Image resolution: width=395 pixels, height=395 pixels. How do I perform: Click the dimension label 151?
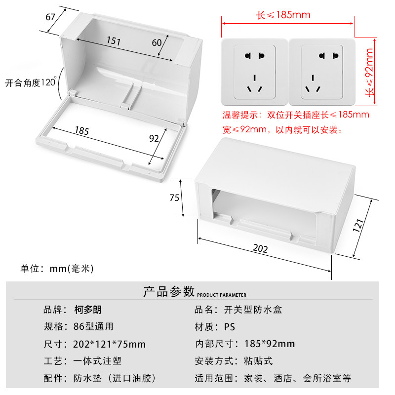point(113,42)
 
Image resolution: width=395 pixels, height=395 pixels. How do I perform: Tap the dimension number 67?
point(50,17)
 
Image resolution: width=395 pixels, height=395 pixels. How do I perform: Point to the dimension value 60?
point(157,42)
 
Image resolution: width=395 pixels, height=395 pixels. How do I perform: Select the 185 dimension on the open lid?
point(82,131)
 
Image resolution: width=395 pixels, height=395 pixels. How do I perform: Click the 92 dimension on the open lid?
point(154,138)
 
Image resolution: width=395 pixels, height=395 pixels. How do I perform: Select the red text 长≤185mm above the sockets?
point(283,15)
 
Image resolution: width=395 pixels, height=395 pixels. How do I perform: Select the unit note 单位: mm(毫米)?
point(57,269)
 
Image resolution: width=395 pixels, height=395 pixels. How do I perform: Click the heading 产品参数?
point(169,291)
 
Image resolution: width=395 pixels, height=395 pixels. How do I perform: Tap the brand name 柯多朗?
point(87,310)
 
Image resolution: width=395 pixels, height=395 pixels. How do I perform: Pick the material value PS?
point(230,327)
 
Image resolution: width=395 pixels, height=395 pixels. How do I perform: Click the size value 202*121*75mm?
point(109,344)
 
